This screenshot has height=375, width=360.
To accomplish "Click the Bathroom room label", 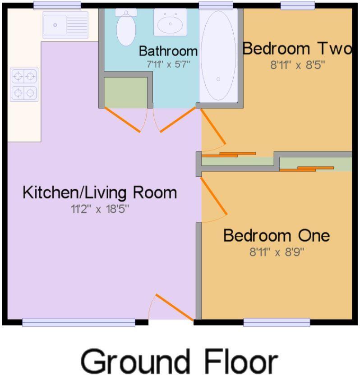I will pyautogui.click(x=168, y=50).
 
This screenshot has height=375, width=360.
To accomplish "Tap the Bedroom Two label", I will pyautogui.click(x=297, y=49).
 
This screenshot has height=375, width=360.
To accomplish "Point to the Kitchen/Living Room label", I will pyautogui.click(x=100, y=192).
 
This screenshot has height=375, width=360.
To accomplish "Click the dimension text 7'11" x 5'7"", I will pyautogui.click(x=168, y=64).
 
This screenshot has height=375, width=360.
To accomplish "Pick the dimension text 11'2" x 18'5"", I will pyautogui.click(x=99, y=209).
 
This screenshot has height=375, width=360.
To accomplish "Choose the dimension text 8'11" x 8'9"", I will pyautogui.click(x=277, y=252).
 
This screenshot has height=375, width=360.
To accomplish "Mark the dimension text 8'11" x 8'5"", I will pyautogui.click(x=297, y=64).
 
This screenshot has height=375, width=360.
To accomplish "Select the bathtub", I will pyautogui.click(x=218, y=55).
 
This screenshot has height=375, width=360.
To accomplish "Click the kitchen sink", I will pyautogui.click(x=65, y=25).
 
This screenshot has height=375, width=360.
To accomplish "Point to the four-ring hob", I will pyautogui.click(x=24, y=85).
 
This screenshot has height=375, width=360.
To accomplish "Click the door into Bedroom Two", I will pyautogui.click(x=213, y=129).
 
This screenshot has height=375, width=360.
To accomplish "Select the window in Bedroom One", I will pyautogui.click(x=277, y=322).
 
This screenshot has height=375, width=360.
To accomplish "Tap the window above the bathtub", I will pyautogui.click(x=216, y=5).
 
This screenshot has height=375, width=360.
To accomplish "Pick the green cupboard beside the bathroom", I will pyautogui.click(x=126, y=91).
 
